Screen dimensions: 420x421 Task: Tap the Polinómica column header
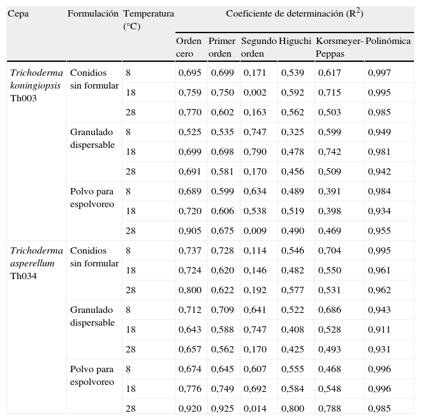(x=388, y=41)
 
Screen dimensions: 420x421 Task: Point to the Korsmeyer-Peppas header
(x=339, y=47)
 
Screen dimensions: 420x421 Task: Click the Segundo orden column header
(x=258, y=47)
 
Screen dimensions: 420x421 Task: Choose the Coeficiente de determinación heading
(x=294, y=13)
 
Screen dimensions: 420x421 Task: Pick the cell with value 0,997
(x=380, y=73)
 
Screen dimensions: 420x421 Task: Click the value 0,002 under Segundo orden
(x=255, y=93)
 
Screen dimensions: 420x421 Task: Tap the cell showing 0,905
(x=190, y=231)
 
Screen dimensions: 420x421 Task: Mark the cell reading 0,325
(x=293, y=133)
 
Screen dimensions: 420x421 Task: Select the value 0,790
(x=255, y=152)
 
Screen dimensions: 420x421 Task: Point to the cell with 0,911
(x=380, y=330)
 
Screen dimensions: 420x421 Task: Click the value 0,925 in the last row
(x=223, y=409)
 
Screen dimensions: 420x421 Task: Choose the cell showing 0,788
(x=330, y=409)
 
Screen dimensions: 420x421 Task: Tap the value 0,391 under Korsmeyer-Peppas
(x=330, y=192)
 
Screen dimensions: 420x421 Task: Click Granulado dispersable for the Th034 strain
(x=92, y=316)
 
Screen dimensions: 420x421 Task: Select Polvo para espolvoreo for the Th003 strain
(x=92, y=198)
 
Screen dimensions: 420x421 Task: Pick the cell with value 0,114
(x=255, y=251)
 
